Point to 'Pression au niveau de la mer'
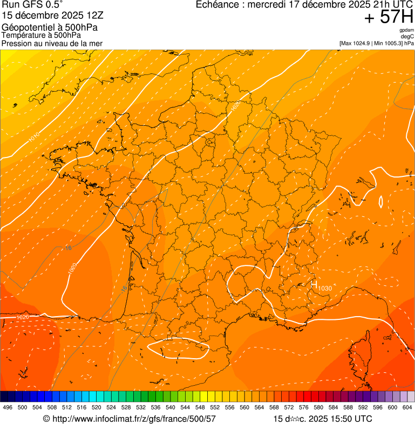[x=52, y=43]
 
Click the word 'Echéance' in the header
[x=216, y=5]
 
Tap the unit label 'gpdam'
[x=406, y=30]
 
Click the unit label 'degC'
[x=407, y=37]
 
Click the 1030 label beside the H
[x=325, y=289]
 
